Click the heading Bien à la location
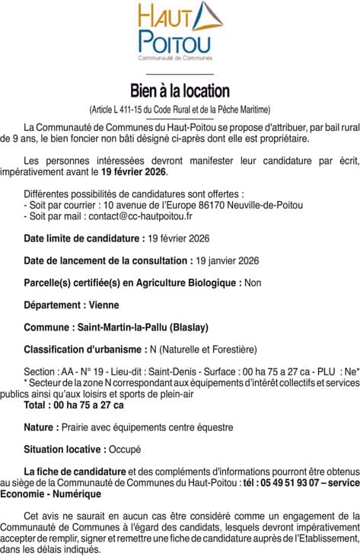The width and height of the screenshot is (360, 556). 180,91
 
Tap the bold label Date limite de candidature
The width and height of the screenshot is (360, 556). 83,239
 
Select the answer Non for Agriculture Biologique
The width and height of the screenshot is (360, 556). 253,283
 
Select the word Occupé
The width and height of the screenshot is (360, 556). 126,449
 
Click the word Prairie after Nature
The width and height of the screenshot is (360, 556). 78,427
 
